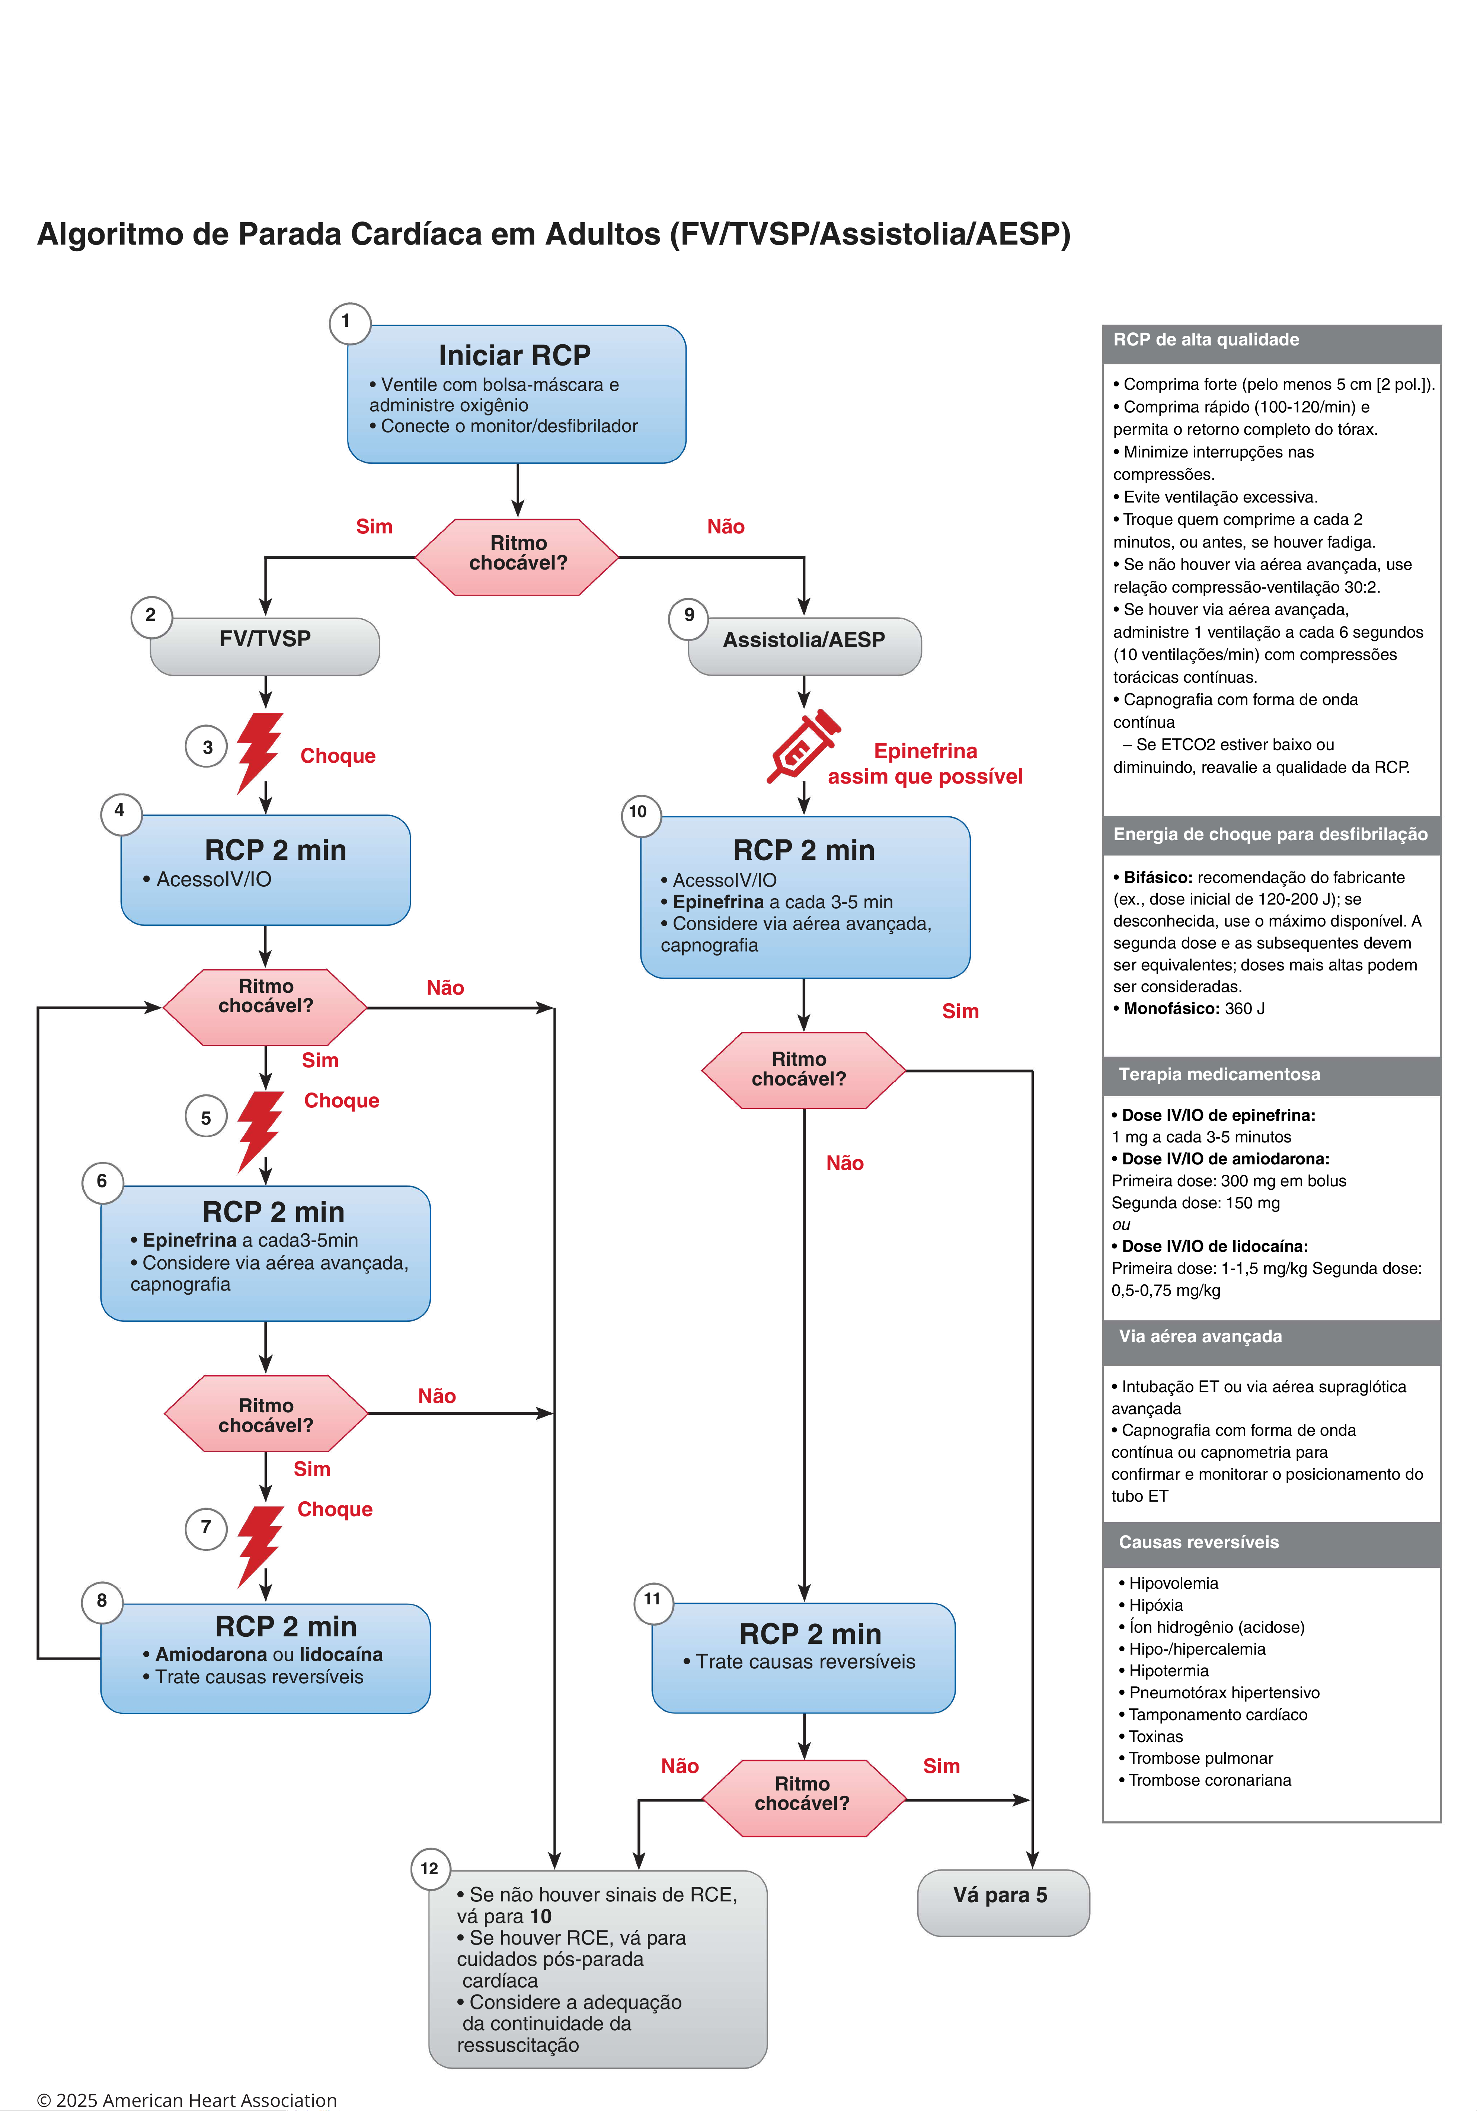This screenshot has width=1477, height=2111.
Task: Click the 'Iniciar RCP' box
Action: (x=517, y=393)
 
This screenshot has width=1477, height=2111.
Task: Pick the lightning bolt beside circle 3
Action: (x=259, y=753)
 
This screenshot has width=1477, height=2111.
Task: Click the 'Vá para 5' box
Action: (x=1003, y=1902)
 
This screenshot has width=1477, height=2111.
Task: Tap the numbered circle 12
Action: (x=430, y=1868)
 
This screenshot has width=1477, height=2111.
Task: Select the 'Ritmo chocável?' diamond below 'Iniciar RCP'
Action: (x=518, y=557)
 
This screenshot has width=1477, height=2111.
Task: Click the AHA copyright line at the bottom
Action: (x=186, y=2100)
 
